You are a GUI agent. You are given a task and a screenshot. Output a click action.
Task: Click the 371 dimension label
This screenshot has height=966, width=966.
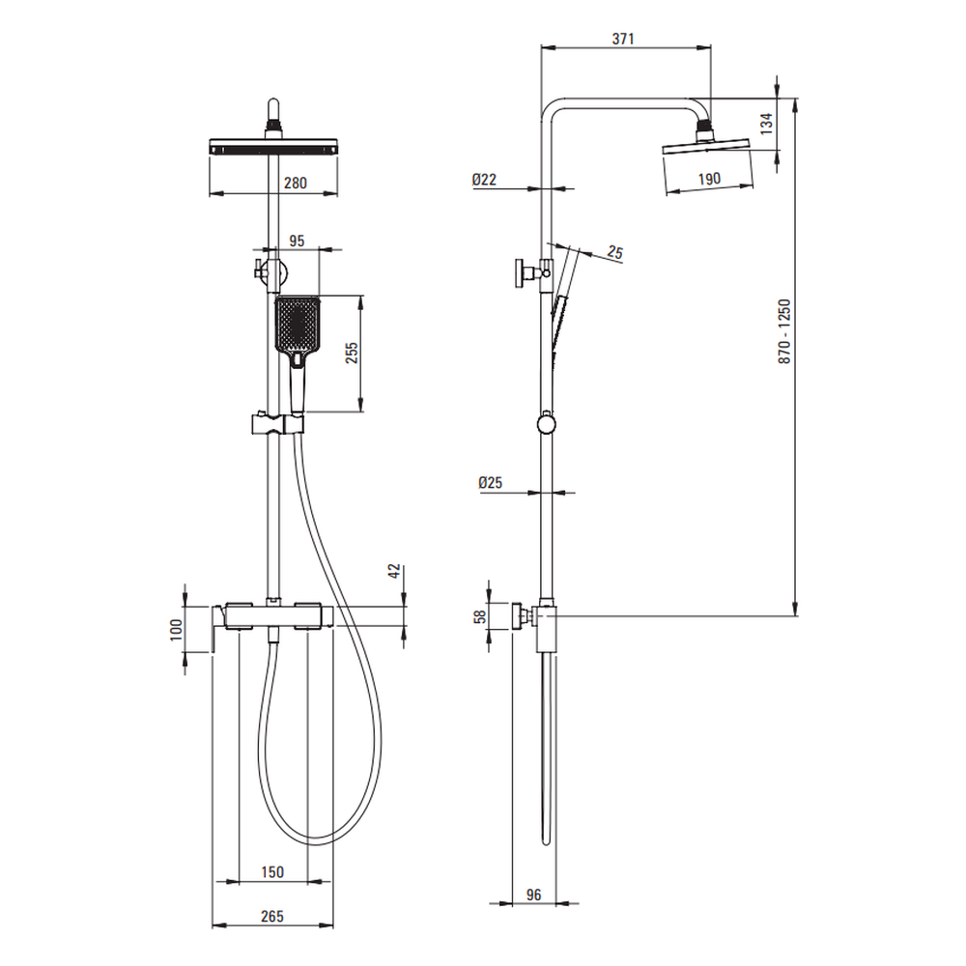[623, 39]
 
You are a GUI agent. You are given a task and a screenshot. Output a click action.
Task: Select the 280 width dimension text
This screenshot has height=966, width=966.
[295, 183]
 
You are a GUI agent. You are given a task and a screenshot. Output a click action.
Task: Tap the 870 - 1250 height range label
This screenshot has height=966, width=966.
[784, 331]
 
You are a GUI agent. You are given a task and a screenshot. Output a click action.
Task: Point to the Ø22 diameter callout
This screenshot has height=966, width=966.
[484, 180]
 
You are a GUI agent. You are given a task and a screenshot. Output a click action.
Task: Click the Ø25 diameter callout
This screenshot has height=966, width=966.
[491, 482]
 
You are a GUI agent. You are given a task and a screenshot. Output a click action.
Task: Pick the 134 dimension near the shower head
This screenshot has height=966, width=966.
[766, 124]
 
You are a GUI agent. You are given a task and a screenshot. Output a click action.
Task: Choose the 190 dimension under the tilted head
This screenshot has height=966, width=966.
[709, 179]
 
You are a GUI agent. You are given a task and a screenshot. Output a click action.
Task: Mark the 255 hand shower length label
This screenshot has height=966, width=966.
[352, 353]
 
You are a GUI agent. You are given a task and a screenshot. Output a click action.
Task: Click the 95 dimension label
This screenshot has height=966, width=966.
[297, 241]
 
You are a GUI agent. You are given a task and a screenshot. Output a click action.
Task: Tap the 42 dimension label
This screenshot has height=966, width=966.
[395, 571]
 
